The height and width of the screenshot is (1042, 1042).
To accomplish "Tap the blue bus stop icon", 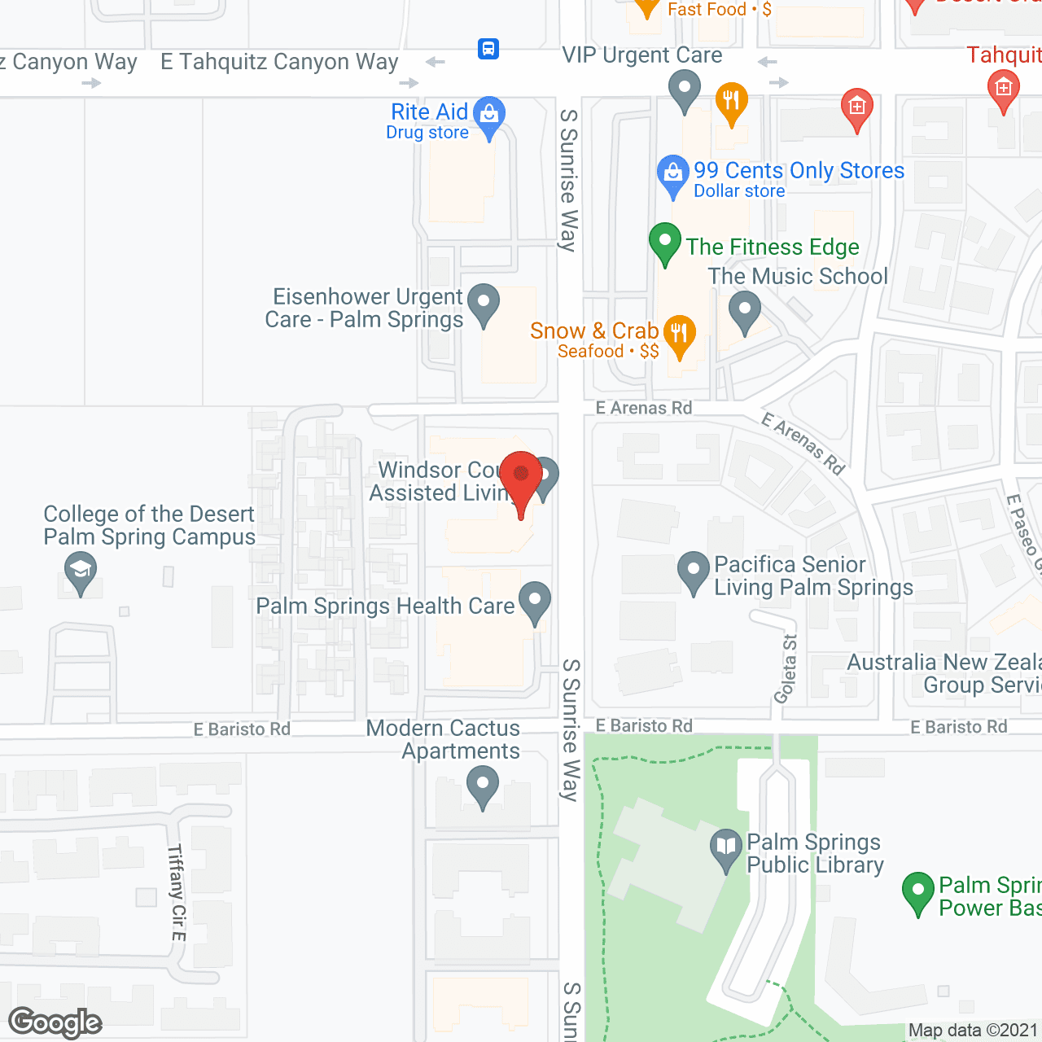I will [488, 49].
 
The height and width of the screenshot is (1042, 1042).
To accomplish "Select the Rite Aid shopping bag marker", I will [489, 114].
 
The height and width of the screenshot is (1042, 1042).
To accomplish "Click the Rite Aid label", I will [429, 112].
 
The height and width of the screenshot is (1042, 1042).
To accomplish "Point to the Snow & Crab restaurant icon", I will [679, 333].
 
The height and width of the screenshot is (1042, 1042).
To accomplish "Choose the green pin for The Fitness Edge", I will [665, 242].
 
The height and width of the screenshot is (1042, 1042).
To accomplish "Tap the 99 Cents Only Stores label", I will [799, 170].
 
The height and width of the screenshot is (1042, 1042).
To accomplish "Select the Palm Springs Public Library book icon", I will [725, 847].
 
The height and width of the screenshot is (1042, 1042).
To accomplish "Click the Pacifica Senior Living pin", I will [694, 570].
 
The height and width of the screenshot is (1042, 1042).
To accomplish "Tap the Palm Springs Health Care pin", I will [535, 601].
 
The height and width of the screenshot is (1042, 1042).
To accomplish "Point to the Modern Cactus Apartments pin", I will [483, 786].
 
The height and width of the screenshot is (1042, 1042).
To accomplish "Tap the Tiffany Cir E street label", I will [177, 892].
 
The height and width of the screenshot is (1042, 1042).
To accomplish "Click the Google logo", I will [55, 1022].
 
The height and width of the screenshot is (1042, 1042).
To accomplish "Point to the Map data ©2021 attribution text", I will [973, 1031].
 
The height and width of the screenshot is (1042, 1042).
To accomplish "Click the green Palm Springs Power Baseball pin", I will [918, 891].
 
